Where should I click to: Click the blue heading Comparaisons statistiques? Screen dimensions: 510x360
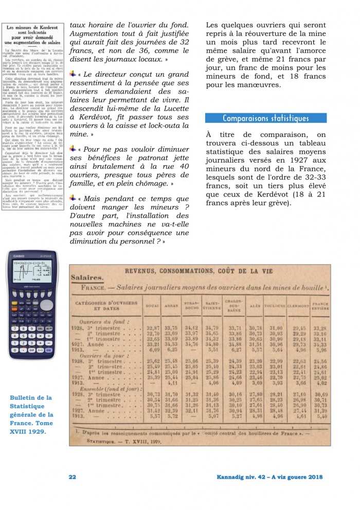click(265, 118)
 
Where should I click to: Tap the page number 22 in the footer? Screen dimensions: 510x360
click(73, 477)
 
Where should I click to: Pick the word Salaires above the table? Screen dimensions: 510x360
click(87, 278)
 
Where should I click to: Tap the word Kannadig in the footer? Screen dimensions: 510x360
click(231, 477)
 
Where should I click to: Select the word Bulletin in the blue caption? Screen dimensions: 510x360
click(25, 398)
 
